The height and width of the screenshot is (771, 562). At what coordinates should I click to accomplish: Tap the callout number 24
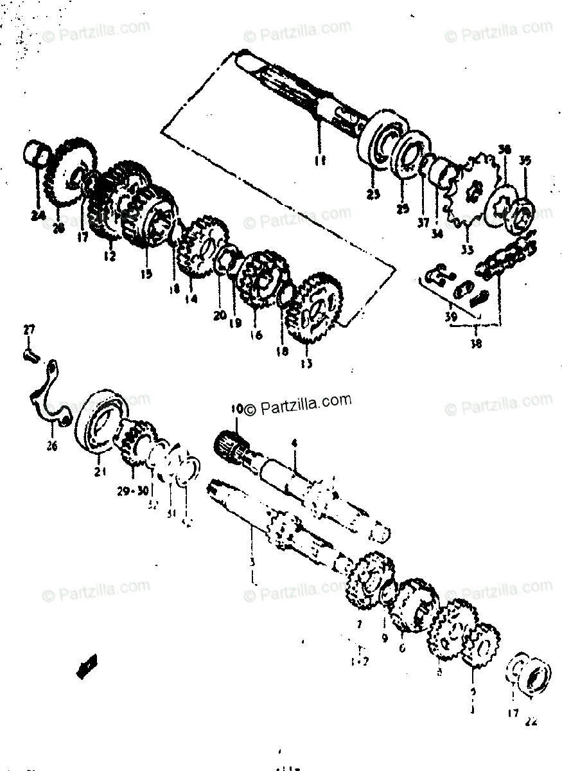[x=37, y=216]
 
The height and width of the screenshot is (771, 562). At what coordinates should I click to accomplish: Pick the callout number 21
[x=99, y=474]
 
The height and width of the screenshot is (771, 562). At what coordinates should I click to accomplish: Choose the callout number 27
[x=28, y=331]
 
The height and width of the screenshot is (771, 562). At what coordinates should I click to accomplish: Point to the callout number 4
[x=294, y=443]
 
